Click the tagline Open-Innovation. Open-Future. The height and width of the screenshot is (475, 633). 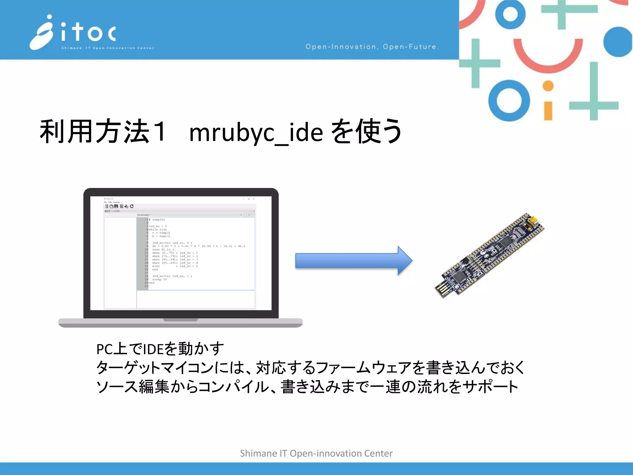[x=372, y=47]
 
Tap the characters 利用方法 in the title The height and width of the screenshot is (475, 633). [x=95, y=131]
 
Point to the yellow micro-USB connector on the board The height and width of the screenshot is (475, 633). [x=534, y=220]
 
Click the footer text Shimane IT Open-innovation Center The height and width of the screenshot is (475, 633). [x=316, y=453]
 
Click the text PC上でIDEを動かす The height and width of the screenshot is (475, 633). [x=160, y=349]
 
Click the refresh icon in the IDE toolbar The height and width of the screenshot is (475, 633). [x=132, y=206]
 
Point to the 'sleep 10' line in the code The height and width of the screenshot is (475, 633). [x=159, y=279]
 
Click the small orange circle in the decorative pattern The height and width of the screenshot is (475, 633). [x=548, y=86]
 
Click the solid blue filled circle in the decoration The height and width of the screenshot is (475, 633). [x=618, y=42]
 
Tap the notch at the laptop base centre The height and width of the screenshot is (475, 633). [x=181, y=320]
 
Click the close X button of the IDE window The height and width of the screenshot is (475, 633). [x=254, y=199]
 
